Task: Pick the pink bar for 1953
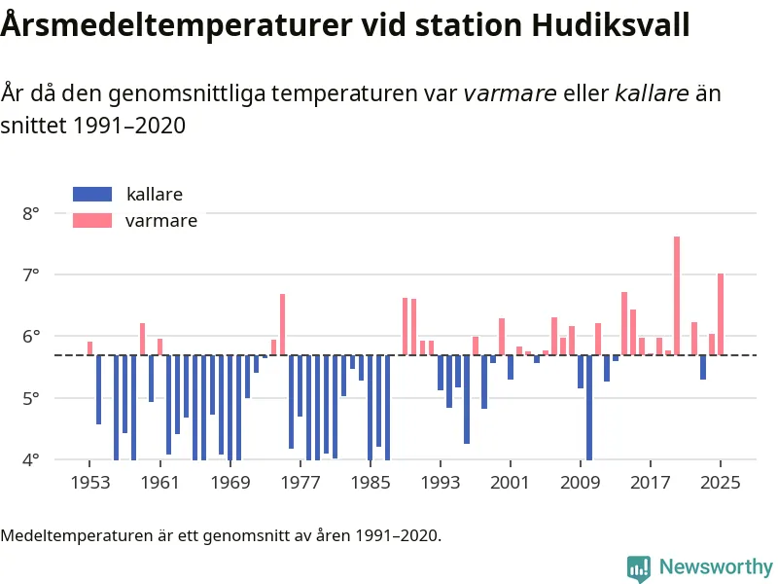coord(89,348)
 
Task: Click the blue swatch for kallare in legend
coord(92,195)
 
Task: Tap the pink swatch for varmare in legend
coord(92,221)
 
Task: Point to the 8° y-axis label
coord(31,212)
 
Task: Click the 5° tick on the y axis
coord(31,398)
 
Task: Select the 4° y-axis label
coord(31,459)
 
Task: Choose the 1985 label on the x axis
coord(370,483)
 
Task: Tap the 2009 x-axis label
coord(581,483)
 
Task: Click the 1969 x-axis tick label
coord(230,483)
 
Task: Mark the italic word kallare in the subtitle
coord(653,93)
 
